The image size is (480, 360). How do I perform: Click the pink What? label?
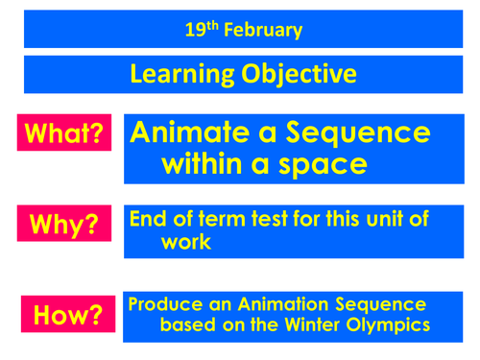point(63,133)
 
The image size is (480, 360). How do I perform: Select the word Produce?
point(165,304)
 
